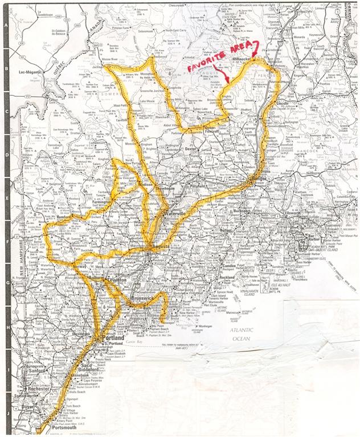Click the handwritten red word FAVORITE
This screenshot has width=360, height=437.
205,68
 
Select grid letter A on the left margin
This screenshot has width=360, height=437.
5,26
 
